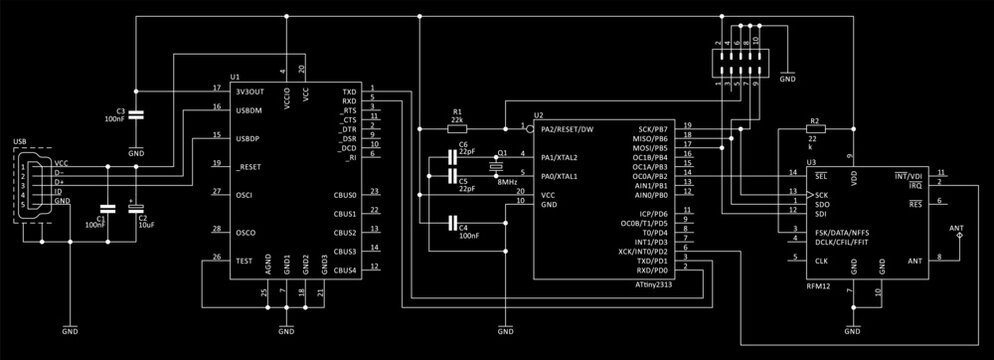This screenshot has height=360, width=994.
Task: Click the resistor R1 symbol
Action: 457,129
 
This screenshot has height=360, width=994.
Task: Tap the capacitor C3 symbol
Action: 136,115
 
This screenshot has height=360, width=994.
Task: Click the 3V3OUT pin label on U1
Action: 249,90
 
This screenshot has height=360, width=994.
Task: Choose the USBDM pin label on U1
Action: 248,110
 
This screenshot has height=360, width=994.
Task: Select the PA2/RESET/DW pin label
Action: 567,129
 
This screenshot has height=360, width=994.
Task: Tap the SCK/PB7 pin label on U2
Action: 652,129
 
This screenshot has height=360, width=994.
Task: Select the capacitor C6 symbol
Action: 455,157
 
